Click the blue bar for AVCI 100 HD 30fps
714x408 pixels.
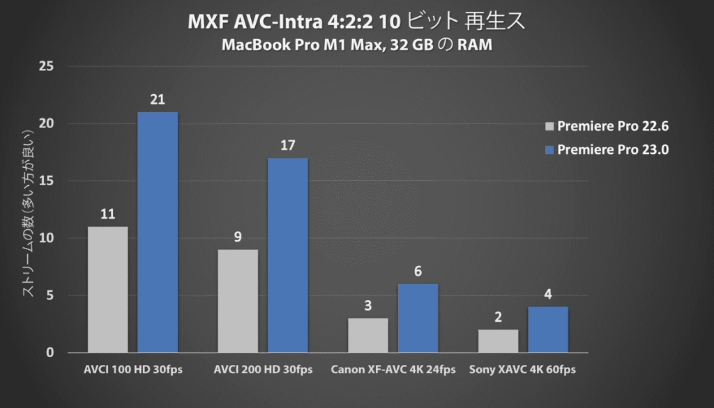click(158, 232)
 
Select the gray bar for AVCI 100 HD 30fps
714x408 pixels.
click(107, 289)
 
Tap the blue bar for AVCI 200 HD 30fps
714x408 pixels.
click(287, 255)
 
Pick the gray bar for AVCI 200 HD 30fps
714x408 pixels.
click(238, 301)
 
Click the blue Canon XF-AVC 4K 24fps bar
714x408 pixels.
click(418, 317)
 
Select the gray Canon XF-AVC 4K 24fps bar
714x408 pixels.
click(368, 335)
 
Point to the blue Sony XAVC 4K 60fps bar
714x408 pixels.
click(548, 329)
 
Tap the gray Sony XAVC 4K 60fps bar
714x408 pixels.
click(498, 340)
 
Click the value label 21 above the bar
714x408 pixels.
click(158, 100)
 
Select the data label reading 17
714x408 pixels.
click(287, 146)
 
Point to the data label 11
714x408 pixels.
click(107, 214)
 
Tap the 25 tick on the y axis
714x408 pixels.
click(47, 67)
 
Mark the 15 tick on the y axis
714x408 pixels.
click(47, 181)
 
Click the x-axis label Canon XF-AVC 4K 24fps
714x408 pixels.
click(393, 370)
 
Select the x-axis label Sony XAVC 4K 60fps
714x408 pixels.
click(523, 370)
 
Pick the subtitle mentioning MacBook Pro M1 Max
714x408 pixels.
click(356, 46)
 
